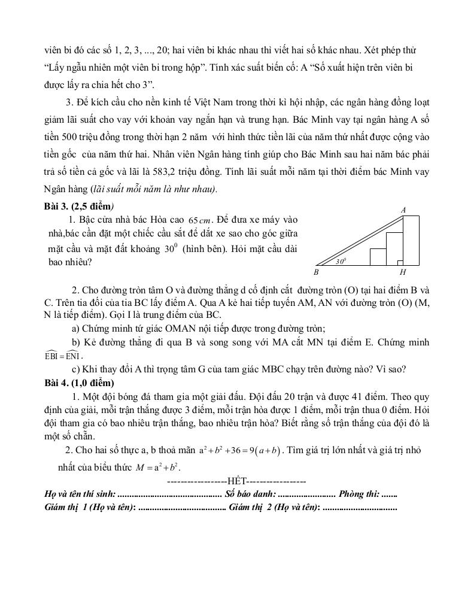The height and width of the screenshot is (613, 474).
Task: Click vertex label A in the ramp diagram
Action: pos(403,210)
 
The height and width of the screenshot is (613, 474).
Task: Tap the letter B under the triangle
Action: pos(315,272)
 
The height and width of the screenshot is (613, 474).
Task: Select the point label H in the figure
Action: pos(402,272)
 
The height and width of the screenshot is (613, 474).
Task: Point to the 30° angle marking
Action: pos(341,261)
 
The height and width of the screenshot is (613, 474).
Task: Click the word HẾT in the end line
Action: pos(237,481)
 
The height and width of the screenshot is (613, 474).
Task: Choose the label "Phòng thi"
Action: pos(358,494)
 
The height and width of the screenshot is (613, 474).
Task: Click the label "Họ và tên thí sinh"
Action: pos(80,494)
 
